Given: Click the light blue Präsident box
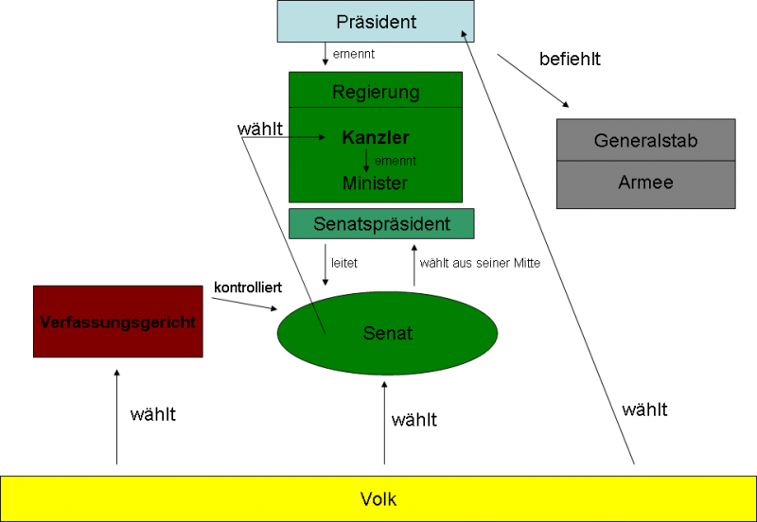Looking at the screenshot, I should tap(376, 22).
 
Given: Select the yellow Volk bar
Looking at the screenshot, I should tap(378, 498).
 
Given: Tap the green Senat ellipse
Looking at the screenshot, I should tap(387, 333).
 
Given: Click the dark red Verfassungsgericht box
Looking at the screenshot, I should tap(118, 322).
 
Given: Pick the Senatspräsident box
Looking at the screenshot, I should tap(381, 224).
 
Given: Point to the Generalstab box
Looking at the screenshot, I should tap(645, 140).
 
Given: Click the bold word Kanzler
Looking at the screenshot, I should tap(376, 138).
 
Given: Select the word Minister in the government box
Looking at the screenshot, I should tap(376, 183).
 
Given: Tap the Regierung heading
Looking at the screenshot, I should tap(376, 92).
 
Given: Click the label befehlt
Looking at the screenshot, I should tap(570, 59).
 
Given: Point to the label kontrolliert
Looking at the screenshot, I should tap(249, 287).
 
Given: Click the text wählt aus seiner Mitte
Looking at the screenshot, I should tap(480, 264).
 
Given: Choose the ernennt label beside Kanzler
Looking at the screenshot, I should tap(396, 161).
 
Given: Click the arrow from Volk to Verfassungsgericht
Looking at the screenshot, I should tap(117, 416).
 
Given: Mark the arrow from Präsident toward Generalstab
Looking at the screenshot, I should tap(534, 80).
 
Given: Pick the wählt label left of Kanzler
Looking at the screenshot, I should tap(259, 129).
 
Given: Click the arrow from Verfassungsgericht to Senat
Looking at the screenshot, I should tap(245, 304).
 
